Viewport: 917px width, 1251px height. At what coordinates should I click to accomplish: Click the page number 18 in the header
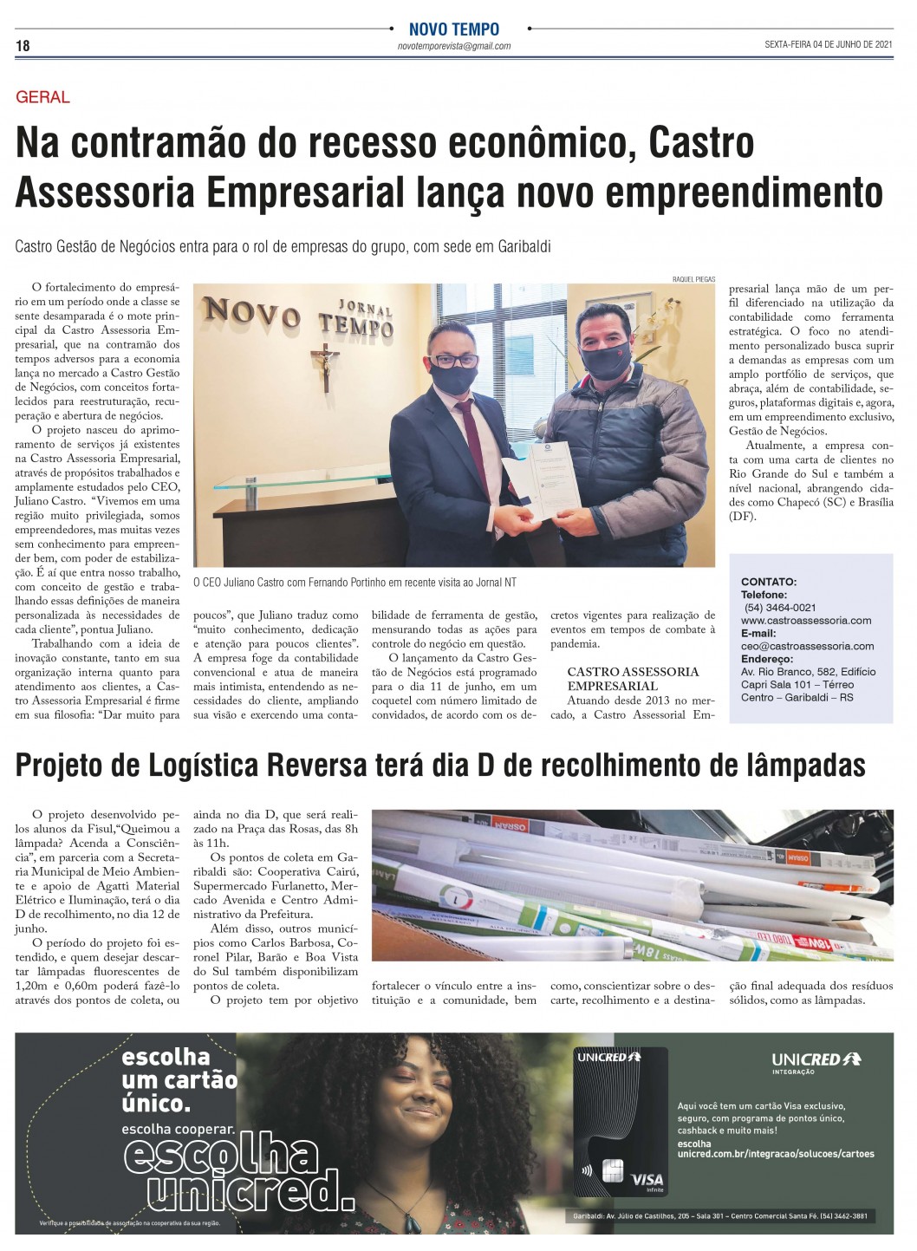pos(23,46)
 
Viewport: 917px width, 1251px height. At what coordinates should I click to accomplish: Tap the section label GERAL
pos(42,97)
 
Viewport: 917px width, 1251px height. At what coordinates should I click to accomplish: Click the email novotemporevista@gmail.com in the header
pos(453,47)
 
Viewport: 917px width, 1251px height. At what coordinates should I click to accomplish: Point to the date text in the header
pos(828,45)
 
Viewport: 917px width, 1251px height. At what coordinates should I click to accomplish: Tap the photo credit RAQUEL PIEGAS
pos(693,278)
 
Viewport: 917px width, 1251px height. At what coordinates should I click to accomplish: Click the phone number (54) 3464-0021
pos(779,608)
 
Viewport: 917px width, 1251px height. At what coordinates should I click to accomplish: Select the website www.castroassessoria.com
pos(806,621)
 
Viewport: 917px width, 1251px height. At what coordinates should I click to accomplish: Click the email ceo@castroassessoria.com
pos(807,646)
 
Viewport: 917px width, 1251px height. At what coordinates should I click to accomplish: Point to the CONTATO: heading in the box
pos(768,582)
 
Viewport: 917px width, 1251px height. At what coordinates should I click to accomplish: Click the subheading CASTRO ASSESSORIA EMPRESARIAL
pos(633,679)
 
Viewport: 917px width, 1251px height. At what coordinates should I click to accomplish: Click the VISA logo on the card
pos(647,1179)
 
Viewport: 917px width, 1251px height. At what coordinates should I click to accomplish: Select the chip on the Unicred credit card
pos(613,1171)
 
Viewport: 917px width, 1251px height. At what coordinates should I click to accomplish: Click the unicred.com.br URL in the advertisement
pos(775,1154)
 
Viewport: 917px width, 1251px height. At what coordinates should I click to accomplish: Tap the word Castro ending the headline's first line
pos(701,144)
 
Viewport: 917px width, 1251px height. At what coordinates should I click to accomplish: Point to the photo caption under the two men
pos(354,583)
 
